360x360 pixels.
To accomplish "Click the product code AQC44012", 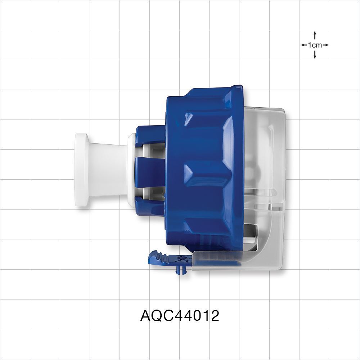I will point(180,316).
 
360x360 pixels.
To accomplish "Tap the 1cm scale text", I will point(315,45).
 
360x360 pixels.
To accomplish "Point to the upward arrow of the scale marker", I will point(315,34).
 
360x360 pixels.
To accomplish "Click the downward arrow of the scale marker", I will point(315,56).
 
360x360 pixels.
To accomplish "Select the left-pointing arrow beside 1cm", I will point(303,45).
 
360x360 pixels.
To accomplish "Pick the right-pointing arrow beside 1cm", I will point(326,45).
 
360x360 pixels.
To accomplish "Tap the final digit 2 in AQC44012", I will point(215,316).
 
